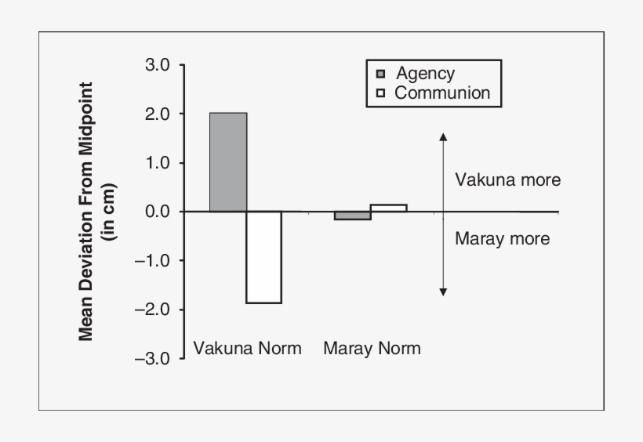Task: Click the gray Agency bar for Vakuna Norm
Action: pos(228,162)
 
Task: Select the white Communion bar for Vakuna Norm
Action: pos(264,257)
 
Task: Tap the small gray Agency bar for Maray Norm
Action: pos(353,216)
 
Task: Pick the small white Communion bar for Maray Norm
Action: pos(389,208)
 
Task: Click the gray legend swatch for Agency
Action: pos(381,74)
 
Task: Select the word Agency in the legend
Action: pos(425,74)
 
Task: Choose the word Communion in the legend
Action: pos(442,93)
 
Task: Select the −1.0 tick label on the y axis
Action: pos(153,260)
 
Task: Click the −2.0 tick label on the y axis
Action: pos(153,309)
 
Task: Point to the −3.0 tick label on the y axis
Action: pos(153,358)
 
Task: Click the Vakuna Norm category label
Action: pos(247,349)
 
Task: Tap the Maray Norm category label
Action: pos(372,349)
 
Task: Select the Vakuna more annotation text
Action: pos(508,180)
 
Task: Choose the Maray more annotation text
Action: pos(503,239)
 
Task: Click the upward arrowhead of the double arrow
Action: pos(443,136)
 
